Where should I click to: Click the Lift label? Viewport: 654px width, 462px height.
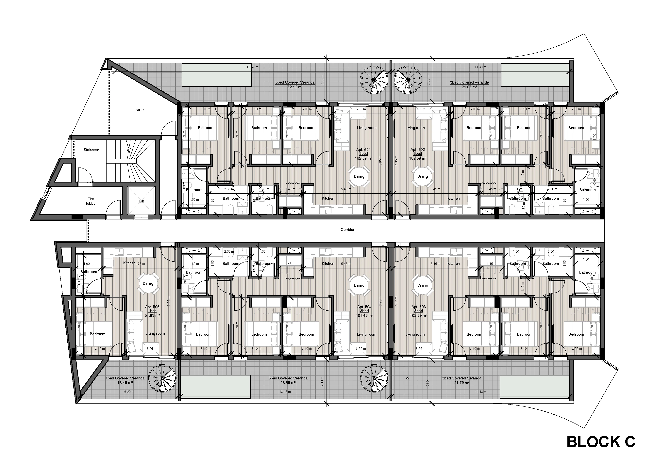tap(142, 201)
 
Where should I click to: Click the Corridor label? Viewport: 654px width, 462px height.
tap(347, 230)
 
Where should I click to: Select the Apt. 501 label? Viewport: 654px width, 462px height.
tap(363, 150)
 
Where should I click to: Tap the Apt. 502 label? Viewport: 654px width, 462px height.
tap(418, 150)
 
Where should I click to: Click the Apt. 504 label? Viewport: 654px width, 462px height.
tap(364, 307)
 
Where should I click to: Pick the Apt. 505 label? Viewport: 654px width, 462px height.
tap(152, 307)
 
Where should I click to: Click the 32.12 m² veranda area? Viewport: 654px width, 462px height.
tap(295, 87)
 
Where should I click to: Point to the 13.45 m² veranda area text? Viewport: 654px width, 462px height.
tap(125, 383)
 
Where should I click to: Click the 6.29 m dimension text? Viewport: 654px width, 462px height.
tap(129, 392)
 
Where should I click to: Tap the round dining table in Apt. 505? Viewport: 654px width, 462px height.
tap(148, 283)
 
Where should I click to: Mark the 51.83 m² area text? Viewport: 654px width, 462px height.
tap(152, 315)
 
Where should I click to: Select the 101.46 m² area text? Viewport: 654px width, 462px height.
tap(364, 315)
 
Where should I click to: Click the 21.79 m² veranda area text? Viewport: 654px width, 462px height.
tap(461, 383)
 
